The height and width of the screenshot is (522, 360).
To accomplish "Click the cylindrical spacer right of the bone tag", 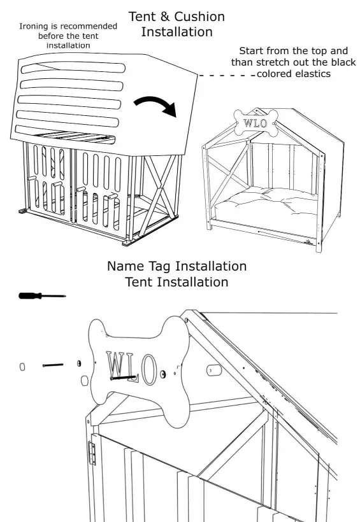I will tap(212, 370).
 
